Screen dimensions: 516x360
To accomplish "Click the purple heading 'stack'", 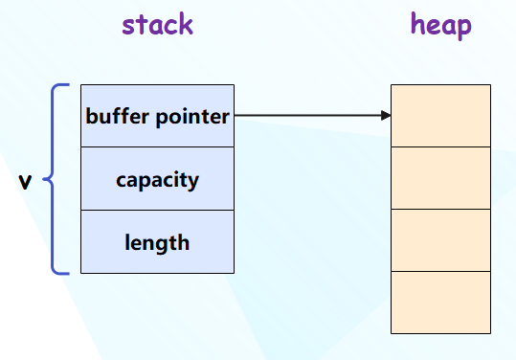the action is coord(157,25).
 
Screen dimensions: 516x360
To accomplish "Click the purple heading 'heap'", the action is coord(441,26).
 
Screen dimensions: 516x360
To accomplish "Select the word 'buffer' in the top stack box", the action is coord(117,116).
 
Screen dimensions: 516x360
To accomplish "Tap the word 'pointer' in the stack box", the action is coord(192,118).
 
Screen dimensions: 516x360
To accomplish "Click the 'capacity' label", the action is coord(157,180).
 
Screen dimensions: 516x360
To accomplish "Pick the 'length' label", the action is coord(157,243).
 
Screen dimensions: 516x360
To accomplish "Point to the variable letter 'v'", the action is coord(25,181).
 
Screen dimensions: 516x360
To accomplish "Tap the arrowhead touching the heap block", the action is coord(386,116).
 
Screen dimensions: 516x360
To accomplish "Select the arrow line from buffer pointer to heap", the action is coord(313,116).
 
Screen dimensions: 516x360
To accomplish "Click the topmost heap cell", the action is coord(440,116).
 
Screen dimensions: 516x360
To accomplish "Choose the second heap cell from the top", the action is coord(440,178).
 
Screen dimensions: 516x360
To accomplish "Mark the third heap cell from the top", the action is coord(440,240).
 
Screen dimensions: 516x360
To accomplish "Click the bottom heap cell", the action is coord(440,303).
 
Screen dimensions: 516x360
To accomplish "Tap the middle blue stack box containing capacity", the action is coord(157,179).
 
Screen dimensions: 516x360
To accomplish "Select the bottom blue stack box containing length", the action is coord(157,242).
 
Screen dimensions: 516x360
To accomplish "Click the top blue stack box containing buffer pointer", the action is coord(157,116).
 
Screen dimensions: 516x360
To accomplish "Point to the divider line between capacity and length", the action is coord(157,211).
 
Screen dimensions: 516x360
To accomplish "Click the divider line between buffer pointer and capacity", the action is coord(157,147).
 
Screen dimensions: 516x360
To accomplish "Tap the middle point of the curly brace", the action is coord(44,179).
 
